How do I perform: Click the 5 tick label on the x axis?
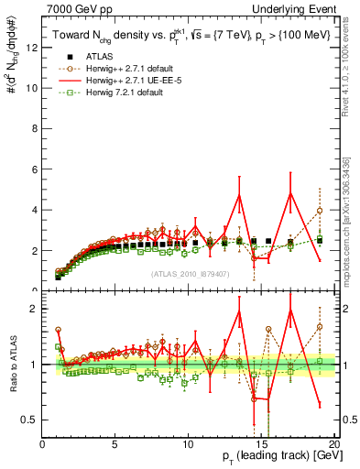[x=115, y=444]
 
